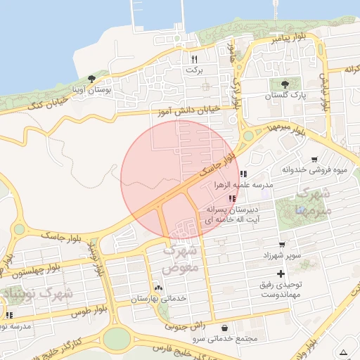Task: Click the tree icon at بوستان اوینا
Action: [91, 78]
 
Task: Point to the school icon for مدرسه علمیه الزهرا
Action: [243, 174]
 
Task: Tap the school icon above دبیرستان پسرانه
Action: [232, 199]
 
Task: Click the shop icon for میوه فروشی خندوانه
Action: [314, 159]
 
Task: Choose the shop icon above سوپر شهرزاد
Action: [282, 244]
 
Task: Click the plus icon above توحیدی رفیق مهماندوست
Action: [281, 273]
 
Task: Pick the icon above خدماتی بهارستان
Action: [158, 288]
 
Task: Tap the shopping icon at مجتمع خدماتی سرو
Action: [224, 328]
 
